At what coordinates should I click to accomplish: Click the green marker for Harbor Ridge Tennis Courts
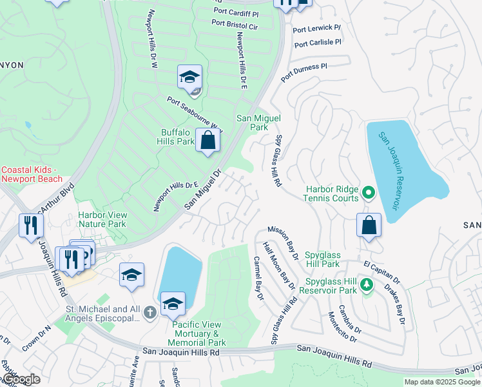click(368, 192)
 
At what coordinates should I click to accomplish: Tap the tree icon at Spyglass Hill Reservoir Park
click(367, 284)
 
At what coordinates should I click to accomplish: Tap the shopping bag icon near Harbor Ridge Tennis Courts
click(369, 226)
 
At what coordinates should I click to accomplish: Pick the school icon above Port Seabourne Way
click(189, 78)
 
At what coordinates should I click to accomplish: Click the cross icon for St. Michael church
click(149, 313)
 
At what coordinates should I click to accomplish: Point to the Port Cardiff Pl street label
click(235, 13)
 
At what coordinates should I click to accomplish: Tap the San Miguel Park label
click(252, 123)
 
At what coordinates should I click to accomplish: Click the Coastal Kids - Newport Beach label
click(28, 174)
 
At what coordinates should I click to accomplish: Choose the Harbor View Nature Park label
click(101, 219)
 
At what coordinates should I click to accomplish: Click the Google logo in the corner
click(21, 379)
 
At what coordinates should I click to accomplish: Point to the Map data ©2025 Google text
click(441, 382)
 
